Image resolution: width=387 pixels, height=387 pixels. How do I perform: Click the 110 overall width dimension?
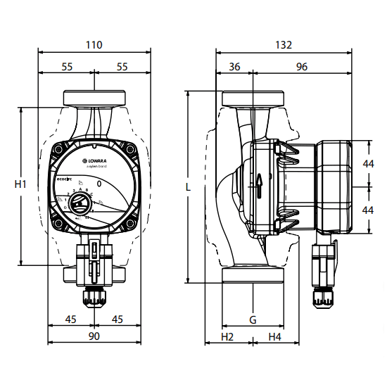tap(94, 44)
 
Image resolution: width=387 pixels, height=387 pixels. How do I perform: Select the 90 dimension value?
tap(94, 336)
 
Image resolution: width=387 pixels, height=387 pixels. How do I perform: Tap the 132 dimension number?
tap(283, 44)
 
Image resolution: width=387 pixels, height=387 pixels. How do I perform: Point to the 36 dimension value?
tap(234, 67)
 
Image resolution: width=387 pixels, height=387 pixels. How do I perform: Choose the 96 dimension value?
tap(301, 67)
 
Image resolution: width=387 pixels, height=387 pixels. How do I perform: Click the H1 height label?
tap(20, 184)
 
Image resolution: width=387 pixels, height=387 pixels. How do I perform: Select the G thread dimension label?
tap(253, 320)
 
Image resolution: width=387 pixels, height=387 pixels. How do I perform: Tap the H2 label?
tap(227, 337)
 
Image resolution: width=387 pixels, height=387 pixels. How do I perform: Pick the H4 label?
tap(275, 337)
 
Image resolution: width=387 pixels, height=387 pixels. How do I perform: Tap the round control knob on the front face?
tap(82, 206)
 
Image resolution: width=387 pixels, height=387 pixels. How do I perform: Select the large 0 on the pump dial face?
tap(99, 184)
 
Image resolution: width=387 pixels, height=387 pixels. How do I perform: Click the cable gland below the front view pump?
tap(94, 296)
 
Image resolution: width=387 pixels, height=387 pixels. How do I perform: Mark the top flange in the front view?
tap(94, 97)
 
